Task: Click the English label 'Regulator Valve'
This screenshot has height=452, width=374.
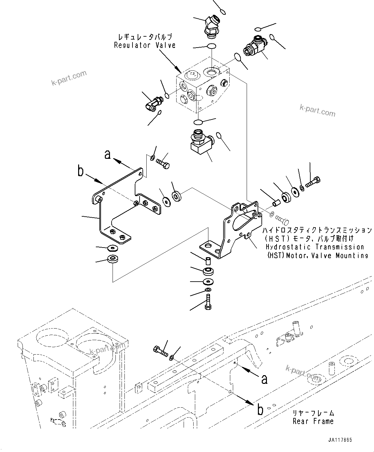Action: click(x=145, y=45)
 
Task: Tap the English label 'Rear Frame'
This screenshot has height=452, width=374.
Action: click(x=313, y=421)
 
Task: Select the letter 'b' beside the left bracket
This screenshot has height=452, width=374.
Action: click(x=81, y=171)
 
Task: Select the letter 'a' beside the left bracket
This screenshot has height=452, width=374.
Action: click(x=108, y=155)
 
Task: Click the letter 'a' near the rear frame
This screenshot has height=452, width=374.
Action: click(x=264, y=379)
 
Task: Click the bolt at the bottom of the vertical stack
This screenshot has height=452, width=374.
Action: click(x=208, y=303)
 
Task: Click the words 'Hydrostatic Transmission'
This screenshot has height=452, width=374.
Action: click(x=315, y=247)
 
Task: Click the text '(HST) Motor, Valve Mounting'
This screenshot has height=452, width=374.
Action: click(x=317, y=256)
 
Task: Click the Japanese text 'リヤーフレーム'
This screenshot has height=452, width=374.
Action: click(x=313, y=413)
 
